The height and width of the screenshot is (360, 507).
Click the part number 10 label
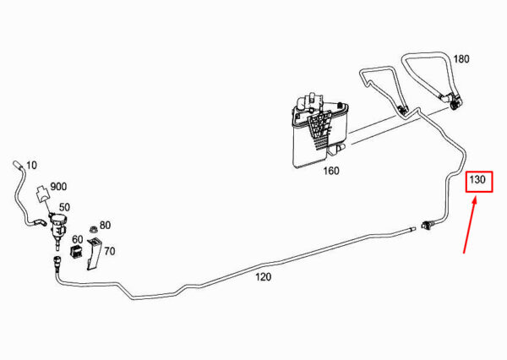coord(32,165)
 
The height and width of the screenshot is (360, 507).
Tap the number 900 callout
coord(58,187)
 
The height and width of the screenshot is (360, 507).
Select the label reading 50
coord(64,207)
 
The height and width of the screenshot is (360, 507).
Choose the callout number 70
coord(110,251)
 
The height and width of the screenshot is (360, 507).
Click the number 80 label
coord(105,225)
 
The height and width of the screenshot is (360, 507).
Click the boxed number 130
coord(478,180)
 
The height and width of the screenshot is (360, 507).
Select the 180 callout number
coord(461,60)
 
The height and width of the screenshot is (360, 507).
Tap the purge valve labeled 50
coord(57,226)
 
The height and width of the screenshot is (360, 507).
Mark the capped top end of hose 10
coord(16,161)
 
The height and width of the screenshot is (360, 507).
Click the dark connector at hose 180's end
coord(454,103)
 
